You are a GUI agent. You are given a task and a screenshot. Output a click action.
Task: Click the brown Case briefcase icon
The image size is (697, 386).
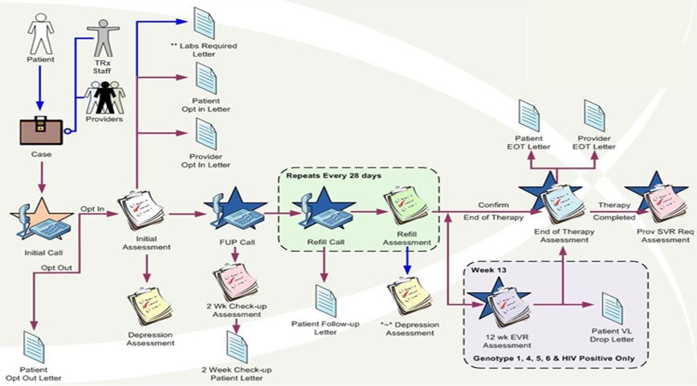[x=40, y=133]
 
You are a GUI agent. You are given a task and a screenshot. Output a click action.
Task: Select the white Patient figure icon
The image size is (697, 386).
[x=40, y=30]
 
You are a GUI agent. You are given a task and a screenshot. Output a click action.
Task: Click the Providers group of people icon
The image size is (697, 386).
[x=105, y=97]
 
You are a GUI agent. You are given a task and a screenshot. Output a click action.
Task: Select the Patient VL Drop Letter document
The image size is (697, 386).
[x=611, y=309]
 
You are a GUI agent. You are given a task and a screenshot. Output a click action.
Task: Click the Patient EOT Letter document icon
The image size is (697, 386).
[x=528, y=117]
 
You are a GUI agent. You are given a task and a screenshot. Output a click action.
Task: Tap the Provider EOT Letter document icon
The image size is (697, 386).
[x=594, y=117]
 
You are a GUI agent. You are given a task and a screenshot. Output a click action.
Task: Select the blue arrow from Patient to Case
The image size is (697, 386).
[x=40, y=91]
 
